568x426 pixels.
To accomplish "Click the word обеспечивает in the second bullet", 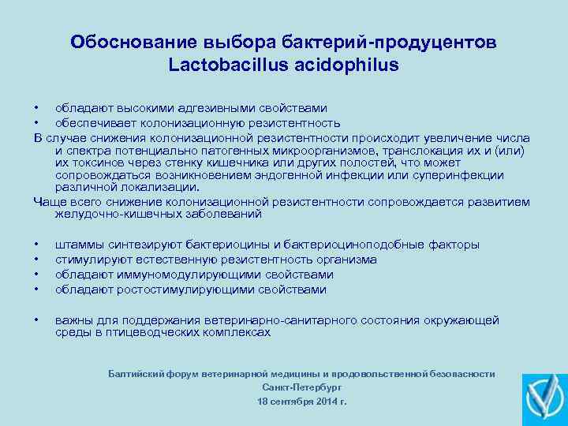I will tap(92, 122).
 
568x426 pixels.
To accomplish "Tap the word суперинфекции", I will tap(461, 175).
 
